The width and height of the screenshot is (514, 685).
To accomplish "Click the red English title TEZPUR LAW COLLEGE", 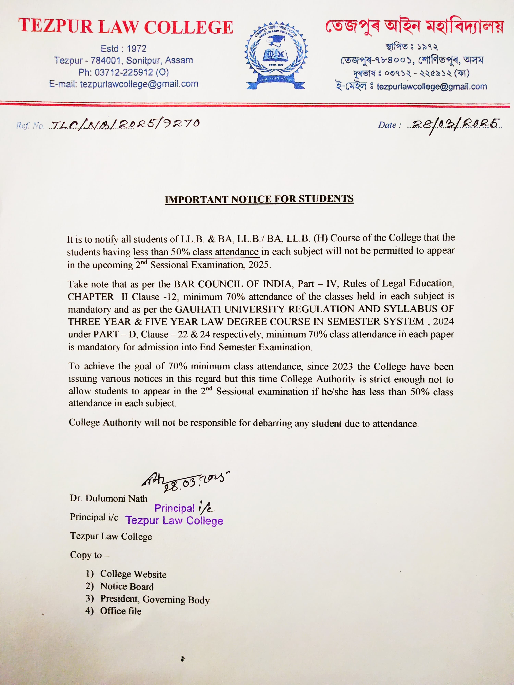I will point(125,27).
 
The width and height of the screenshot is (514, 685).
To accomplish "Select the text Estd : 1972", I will point(123,49).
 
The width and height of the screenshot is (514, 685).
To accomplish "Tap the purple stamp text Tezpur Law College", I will point(174,521).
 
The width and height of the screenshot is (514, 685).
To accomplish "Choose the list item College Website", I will point(133,574).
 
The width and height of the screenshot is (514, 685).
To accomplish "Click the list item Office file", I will point(121,611).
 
